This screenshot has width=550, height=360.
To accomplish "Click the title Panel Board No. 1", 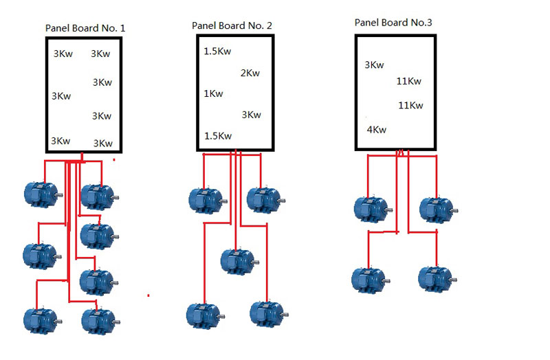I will [85, 28].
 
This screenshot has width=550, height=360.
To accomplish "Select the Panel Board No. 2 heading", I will [232, 25].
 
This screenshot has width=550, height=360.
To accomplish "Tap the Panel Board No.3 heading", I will [393, 23].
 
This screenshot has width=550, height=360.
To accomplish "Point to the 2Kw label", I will [250, 74].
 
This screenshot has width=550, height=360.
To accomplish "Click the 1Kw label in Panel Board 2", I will [213, 93].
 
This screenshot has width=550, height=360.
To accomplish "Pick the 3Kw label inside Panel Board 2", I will [251, 115].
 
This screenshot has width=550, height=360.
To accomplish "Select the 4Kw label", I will [376, 129].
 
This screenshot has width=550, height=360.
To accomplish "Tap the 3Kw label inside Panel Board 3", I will [374, 65].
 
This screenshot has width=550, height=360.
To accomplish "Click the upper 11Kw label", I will [409, 81].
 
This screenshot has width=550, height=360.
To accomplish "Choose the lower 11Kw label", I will [410, 105].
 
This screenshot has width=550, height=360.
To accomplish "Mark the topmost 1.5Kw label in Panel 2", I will [217, 52].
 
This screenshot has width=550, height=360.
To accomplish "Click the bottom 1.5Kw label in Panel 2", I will [218, 136].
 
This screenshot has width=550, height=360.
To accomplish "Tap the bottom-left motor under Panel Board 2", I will [204, 315].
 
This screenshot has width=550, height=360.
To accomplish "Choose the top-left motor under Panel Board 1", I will [41, 194].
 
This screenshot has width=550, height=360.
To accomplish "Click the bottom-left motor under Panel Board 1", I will [40, 320].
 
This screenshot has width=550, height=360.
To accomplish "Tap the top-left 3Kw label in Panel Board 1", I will [63, 54].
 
